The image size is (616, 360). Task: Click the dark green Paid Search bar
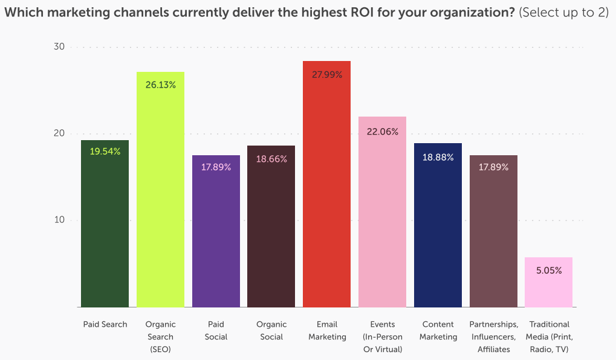(105, 230)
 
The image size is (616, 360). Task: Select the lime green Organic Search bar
(160, 199)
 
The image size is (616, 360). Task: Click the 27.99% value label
(327, 75)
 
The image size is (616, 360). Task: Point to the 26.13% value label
(161, 85)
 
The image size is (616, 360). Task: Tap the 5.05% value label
(549, 271)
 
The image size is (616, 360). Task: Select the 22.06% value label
(383, 132)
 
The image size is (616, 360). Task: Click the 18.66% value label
(271, 159)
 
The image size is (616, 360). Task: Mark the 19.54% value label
(105, 152)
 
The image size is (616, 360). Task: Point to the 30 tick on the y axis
(59, 47)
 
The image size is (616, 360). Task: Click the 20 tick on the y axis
(59, 133)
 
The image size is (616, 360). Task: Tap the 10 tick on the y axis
(59, 220)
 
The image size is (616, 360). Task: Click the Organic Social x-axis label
(271, 330)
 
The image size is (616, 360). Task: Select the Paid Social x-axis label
(216, 330)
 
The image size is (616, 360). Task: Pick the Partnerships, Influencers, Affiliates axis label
(493, 336)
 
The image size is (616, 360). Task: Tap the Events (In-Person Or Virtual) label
(382, 336)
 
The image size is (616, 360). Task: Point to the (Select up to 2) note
(563, 12)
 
